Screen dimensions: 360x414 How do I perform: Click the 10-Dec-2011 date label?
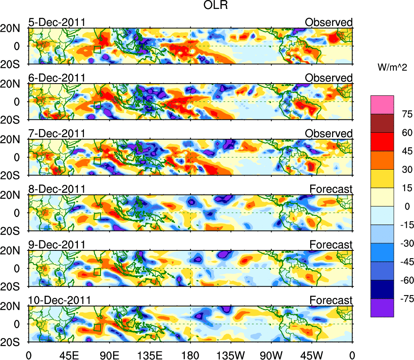59,300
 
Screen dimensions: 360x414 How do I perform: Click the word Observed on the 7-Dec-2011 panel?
329,134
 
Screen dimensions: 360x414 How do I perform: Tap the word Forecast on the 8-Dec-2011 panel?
331,189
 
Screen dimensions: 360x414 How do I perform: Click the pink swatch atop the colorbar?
382,104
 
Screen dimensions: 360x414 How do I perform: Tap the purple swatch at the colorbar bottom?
382,308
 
